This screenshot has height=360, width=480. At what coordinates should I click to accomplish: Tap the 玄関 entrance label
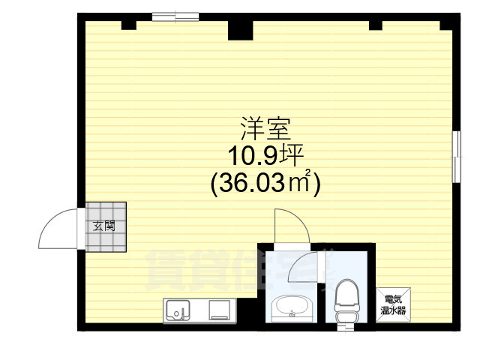[104, 226]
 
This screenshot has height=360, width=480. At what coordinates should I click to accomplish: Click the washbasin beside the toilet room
[292, 306]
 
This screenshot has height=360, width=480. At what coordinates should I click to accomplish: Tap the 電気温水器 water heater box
[391, 304]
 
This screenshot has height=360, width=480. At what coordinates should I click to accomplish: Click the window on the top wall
[175, 16]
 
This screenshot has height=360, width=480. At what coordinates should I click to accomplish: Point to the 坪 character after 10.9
[292, 155]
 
